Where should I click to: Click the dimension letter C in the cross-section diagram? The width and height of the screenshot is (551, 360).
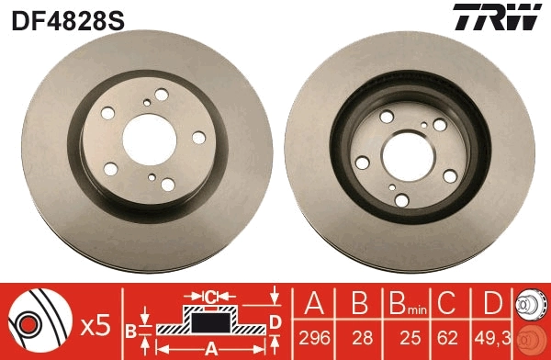point(209,297)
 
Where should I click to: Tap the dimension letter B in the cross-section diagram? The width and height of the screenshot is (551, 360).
point(130,328)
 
